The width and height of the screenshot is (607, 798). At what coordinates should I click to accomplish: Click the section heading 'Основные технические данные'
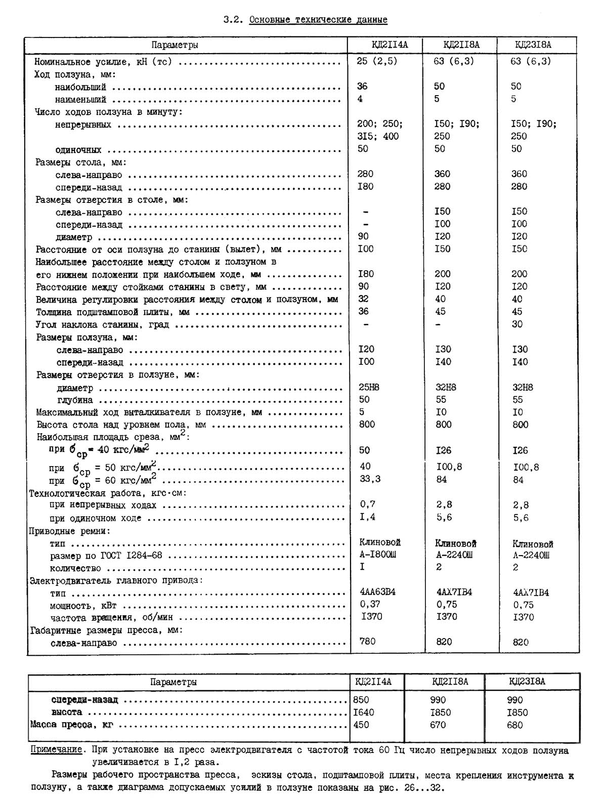[318, 20]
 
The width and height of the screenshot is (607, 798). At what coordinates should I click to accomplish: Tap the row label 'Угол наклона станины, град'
[102, 324]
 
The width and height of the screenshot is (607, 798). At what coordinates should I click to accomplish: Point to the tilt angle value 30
[517, 324]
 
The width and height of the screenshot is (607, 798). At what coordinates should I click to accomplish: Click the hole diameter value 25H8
[369, 387]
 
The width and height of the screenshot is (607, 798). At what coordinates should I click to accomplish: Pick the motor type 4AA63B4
[377, 592]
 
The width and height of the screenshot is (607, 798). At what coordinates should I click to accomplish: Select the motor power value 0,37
[370, 604]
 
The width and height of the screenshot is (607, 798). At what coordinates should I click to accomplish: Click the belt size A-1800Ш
[377, 555]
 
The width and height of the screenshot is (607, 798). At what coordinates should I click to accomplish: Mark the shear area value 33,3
[370, 479]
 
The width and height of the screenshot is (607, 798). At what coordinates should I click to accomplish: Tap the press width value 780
[367, 642]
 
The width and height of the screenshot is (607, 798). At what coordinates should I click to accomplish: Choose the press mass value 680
[515, 725]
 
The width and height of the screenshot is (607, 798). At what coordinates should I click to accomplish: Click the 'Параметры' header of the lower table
[174, 682]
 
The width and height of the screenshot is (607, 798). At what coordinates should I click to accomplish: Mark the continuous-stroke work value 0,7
[368, 504]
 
